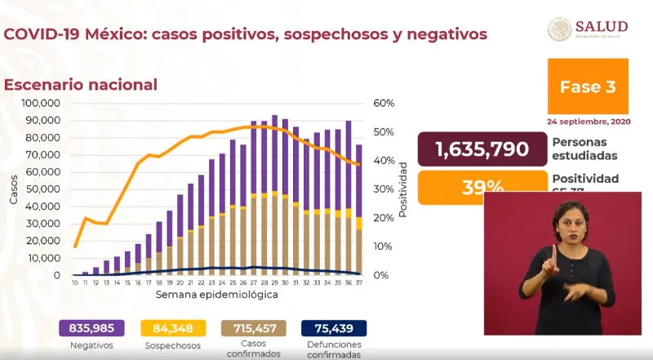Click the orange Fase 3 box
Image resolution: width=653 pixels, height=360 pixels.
[588, 86]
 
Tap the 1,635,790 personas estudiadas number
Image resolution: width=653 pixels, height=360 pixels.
[481, 149]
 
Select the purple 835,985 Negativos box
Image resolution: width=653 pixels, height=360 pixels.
[91, 329]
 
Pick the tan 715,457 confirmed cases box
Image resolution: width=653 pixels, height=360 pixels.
[254, 329]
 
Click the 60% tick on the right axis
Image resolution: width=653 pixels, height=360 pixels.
[384, 103]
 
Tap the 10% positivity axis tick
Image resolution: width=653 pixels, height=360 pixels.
[384, 247]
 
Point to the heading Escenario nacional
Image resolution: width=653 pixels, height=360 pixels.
[81, 84]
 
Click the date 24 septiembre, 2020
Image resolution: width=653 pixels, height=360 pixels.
[588, 121]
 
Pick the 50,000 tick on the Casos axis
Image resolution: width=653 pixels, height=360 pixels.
[44, 189]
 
